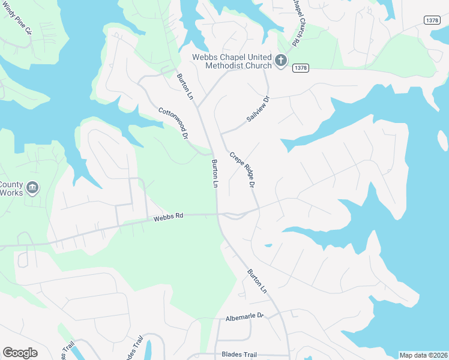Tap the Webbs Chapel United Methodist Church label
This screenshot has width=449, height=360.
click(x=232, y=61)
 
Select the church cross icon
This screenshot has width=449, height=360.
click(x=280, y=60)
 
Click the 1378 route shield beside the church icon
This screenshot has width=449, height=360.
click(x=301, y=68)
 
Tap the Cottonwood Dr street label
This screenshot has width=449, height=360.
click(x=173, y=124)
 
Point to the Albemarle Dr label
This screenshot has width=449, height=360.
click(x=244, y=316)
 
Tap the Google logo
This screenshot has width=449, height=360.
click(x=20, y=353)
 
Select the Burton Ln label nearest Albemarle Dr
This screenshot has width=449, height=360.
click(x=257, y=281)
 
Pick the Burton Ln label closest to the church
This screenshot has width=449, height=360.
click(x=185, y=87)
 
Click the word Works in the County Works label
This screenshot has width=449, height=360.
click(x=11, y=193)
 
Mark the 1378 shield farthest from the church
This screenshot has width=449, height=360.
click(x=432, y=20)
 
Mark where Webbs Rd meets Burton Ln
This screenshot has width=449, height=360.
click(x=218, y=214)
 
